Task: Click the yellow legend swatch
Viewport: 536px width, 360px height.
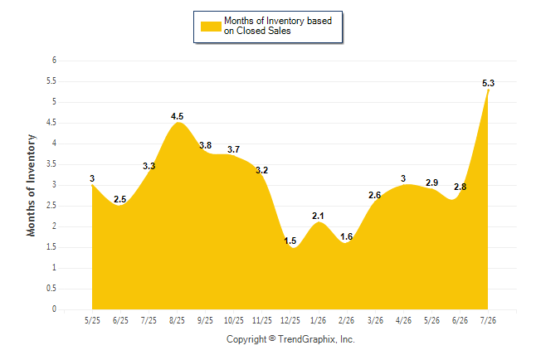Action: point(211,27)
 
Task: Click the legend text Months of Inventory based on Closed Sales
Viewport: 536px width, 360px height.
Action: point(278,26)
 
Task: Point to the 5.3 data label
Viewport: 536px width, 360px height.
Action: point(488,83)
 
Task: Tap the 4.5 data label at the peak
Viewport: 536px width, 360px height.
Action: point(177,116)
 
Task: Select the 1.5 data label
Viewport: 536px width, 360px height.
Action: point(290,241)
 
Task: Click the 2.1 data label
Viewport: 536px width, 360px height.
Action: point(318,216)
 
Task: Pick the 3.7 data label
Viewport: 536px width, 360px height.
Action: point(233,149)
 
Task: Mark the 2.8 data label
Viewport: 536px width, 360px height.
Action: point(460,187)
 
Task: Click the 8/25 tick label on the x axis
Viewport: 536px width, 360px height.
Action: point(177,320)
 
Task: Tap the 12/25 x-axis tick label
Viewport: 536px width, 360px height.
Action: point(290,320)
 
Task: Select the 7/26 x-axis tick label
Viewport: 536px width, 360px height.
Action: point(488,320)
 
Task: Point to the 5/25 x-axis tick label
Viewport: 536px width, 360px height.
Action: point(92,320)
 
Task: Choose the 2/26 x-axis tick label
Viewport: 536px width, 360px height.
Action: point(347,320)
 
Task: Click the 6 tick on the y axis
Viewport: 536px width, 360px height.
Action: point(55,61)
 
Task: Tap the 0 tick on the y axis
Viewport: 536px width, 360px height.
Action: point(55,309)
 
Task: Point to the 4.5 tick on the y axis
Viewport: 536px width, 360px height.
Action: point(51,123)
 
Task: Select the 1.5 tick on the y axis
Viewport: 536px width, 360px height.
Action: point(51,247)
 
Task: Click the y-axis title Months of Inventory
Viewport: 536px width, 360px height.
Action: point(31,185)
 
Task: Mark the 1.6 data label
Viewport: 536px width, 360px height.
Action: point(346,236)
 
